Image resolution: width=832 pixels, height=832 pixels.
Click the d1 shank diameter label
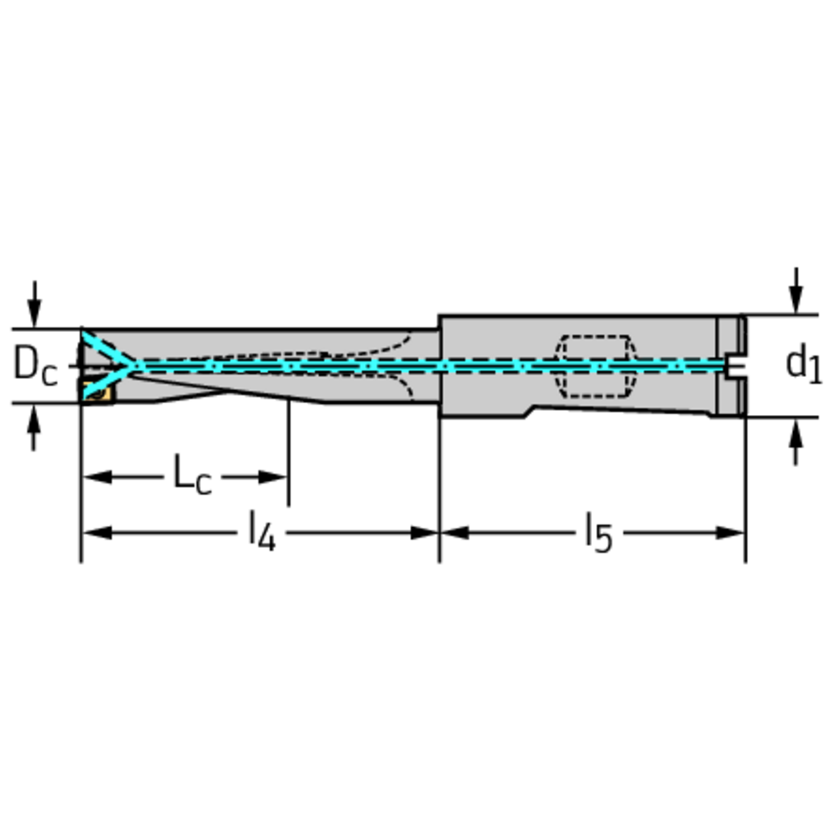(x=803, y=364)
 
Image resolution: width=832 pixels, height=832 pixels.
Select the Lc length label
(x=192, y=474)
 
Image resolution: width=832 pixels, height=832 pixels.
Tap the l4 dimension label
(x=262, y=530)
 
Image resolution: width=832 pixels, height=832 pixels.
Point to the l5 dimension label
(x=599, y=531)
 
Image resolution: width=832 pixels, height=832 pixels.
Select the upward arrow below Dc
(x=35, y=427)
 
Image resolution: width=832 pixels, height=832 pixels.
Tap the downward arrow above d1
(x=795, y=291)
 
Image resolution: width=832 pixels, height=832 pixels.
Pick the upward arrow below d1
(x=795, y=441)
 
